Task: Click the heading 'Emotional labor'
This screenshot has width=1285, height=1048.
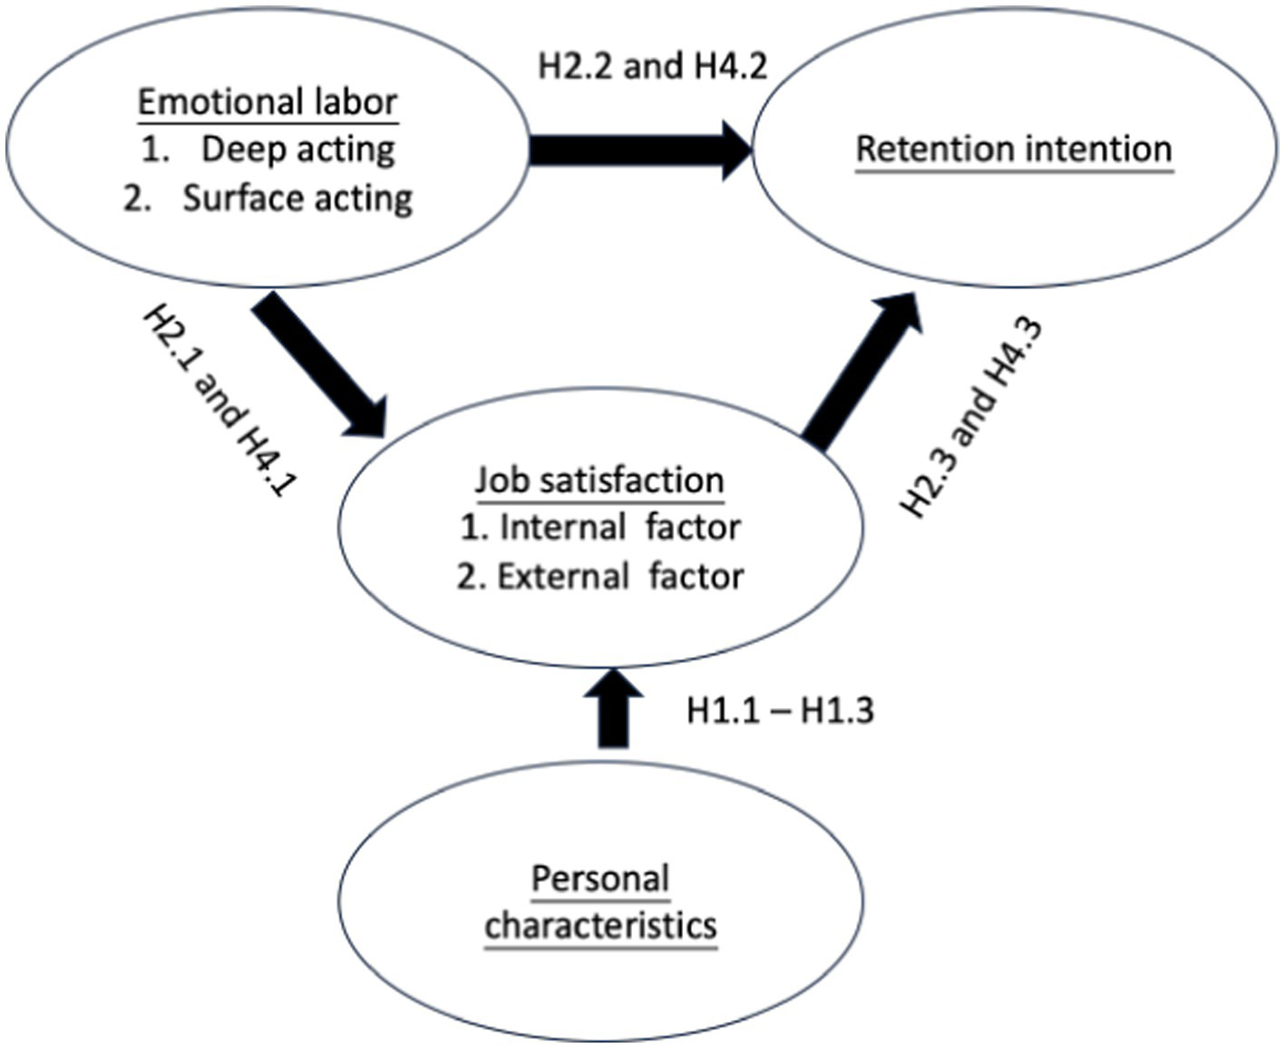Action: click(268, 102)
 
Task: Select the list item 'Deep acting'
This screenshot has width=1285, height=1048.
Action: click(297, 150)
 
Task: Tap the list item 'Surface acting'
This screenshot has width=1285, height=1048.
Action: click(297, 198)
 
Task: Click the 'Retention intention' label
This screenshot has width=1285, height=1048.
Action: click(1014, 149)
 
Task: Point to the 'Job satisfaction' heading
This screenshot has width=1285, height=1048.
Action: click(599, 480)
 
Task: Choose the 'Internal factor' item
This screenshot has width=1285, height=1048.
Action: click(619, 528)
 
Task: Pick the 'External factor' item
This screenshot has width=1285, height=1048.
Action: click(620, 577)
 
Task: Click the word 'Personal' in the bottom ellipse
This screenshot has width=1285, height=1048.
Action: click(600, 878)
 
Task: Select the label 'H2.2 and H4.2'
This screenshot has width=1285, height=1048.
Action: click(653, 66)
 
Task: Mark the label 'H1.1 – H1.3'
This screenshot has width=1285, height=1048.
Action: click(780, 711)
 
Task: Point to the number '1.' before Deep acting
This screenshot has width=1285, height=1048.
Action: click(155, 150)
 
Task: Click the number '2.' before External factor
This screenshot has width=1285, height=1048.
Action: click(471, 577)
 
